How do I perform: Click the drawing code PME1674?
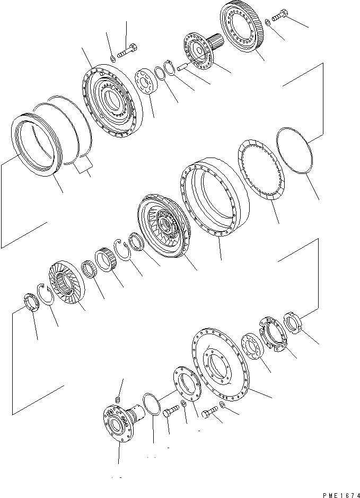point(341,495)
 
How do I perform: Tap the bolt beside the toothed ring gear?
point(279,15)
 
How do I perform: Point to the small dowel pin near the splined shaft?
point(183,67)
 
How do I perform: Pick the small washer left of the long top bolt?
point(113,58)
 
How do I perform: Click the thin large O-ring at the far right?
point(294,151)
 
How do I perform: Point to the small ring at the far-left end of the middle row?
point(31,303)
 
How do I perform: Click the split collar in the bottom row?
point(273,334)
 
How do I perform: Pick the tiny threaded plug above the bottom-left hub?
point(118,399)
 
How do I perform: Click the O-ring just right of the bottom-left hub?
point(152,404)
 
